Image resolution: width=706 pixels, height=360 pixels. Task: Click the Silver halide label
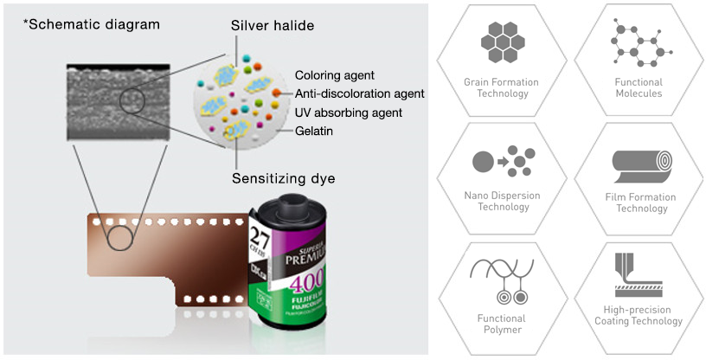coord(270,27)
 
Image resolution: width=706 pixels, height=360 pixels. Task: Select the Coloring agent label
coord(334,75)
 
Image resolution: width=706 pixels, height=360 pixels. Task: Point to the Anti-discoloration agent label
coord(359,93)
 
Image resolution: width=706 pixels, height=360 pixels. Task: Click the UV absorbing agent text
coord(348,112)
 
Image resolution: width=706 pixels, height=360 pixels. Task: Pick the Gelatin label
coord(314,131)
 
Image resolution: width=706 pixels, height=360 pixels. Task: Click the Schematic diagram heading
coord(92,24)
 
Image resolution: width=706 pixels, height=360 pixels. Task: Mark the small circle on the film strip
coord(119,235)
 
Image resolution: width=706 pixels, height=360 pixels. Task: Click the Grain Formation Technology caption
coord(502,87)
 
